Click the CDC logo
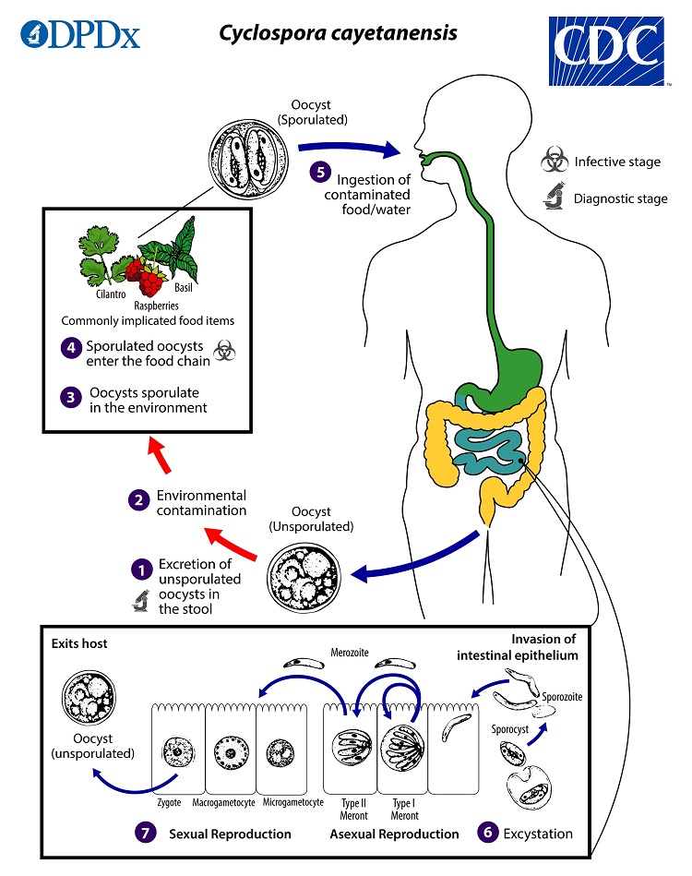pos(615,51)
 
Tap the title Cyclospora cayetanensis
pos(337,33)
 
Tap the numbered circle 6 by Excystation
pos(486,833)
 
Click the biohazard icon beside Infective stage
pos(554,162)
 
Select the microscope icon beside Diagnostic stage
pos(554,198)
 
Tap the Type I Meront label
pos(405,810)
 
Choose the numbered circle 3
pos(72,399)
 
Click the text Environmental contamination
pos(201,502)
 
